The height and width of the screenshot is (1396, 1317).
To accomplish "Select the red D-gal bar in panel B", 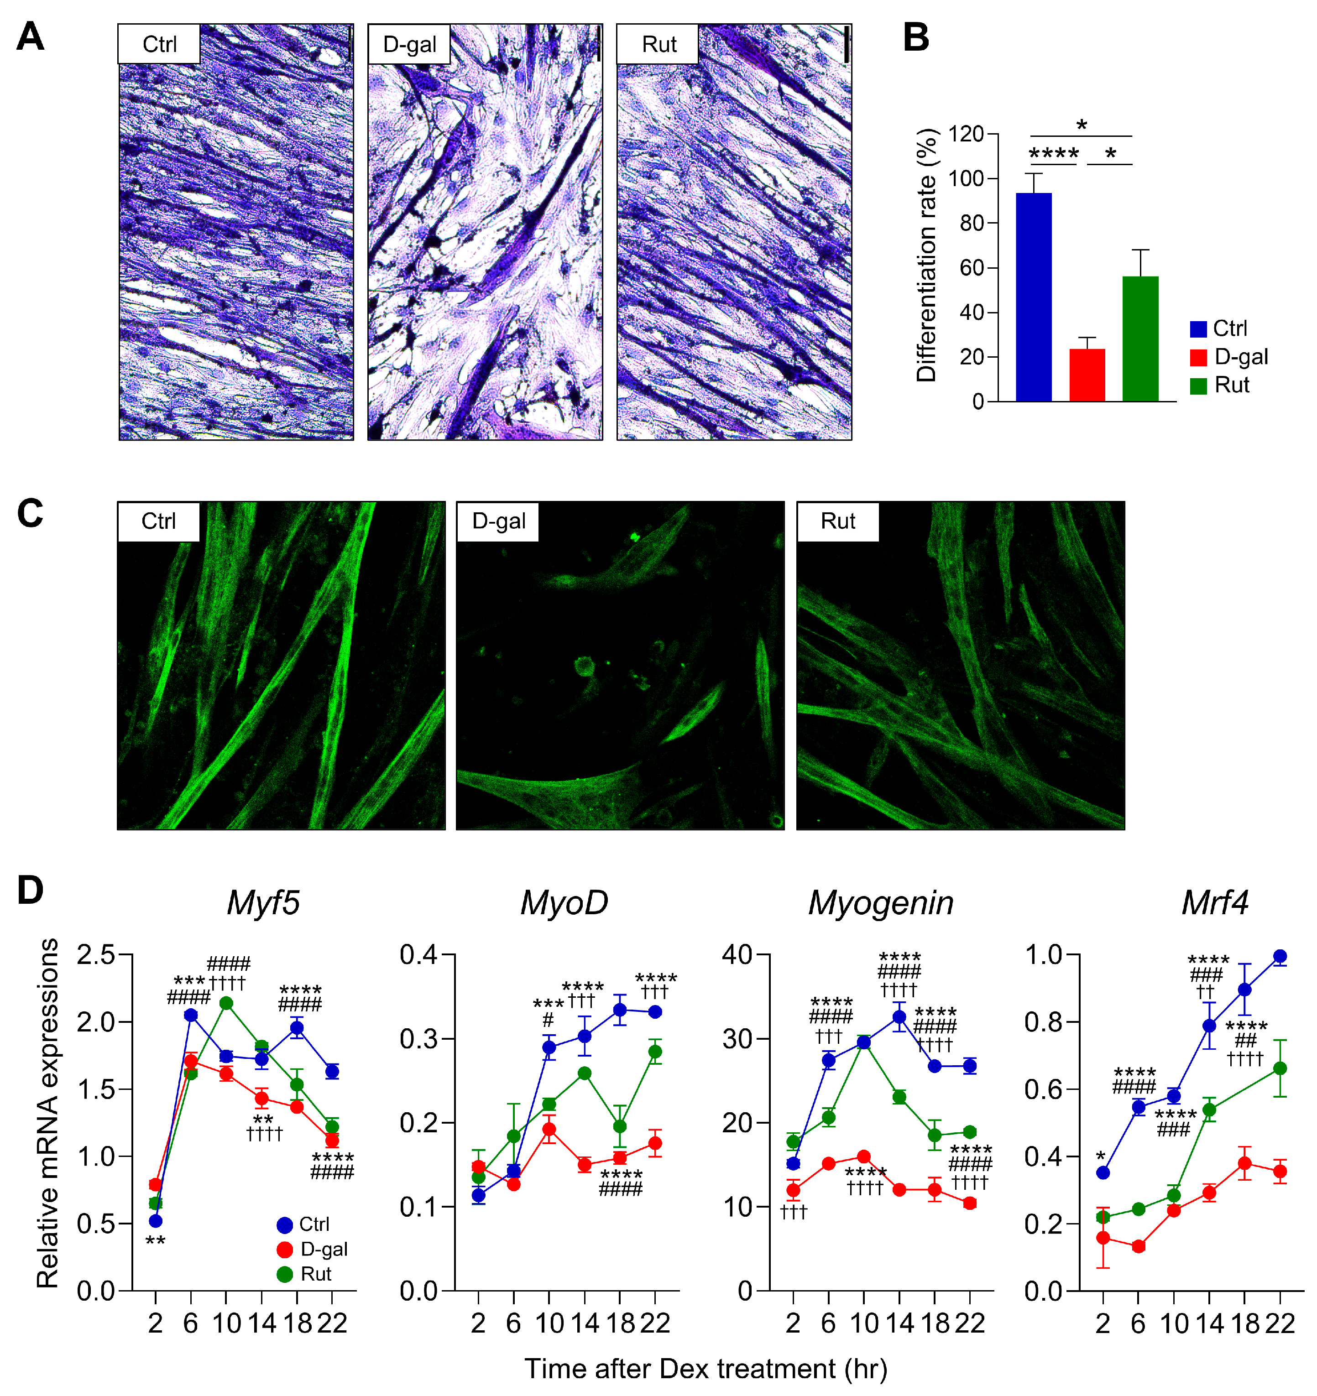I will [1087, 375].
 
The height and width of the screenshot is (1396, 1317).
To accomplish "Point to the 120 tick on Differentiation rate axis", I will [967, 133].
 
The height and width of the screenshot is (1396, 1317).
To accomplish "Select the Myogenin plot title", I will [880, 903].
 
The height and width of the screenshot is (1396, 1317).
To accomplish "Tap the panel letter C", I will [30, 513].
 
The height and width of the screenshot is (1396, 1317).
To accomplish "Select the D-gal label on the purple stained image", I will [409, 44].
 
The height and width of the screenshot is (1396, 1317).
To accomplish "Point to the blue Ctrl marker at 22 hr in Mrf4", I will [1280, 956].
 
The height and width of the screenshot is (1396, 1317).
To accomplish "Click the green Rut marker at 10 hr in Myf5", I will [226, 1003].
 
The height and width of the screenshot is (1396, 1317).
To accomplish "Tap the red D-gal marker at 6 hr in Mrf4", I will [1139, 1246].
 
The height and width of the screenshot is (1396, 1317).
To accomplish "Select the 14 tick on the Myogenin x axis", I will [899, 1323].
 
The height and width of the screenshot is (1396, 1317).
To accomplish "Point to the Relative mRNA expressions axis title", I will [48, 1113].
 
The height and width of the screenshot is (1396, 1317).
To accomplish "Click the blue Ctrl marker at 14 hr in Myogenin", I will [899, 1017].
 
